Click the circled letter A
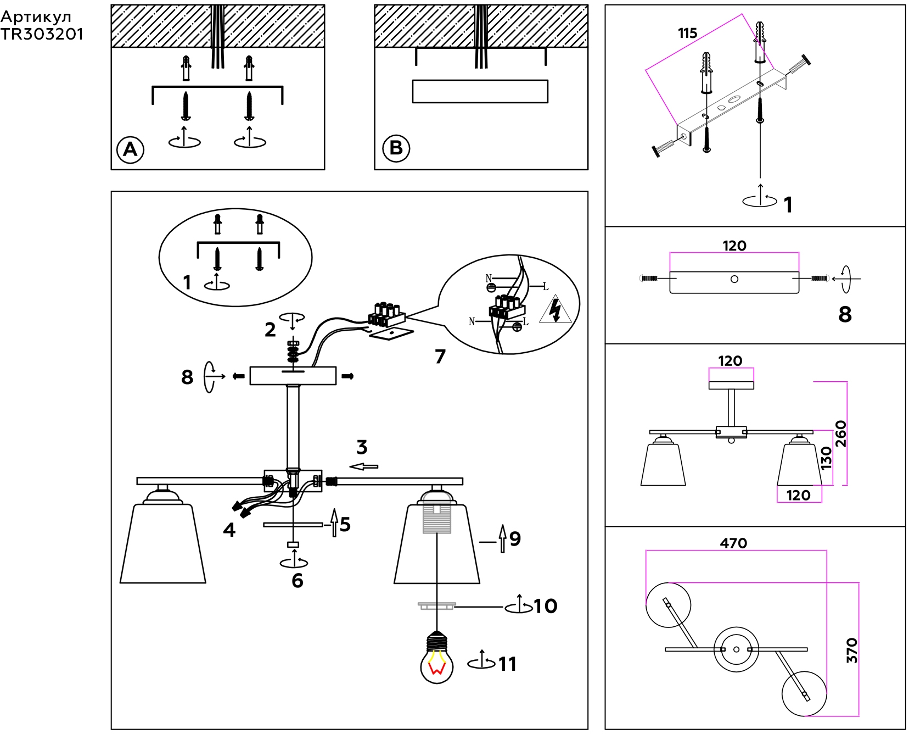point(130,149)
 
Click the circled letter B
point(396,148)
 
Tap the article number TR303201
point(42,34)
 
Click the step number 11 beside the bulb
point(507,664)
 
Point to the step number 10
point(545,606)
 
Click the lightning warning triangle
point(555,310)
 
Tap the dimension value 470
point(733,543)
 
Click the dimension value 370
point(851,650)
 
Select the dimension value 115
point(687,34)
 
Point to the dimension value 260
point(841,433)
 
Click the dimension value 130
point(826,458)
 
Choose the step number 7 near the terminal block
point(440,357)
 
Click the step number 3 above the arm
point(362,447)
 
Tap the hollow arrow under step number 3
point(364,466)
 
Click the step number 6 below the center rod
point(298,581)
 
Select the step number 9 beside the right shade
point(515,539)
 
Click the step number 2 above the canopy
point(270,330)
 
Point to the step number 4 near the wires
point(229,530)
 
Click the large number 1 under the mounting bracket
point(788,205)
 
